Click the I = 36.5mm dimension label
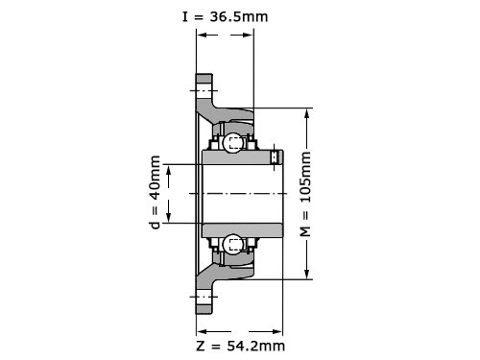(x=225, y=17)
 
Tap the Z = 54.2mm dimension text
(x=240, y=346)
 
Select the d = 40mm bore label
(x=156, y=192)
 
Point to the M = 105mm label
(x=306, y=194)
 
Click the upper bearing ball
(x=232, y=143)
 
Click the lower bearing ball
(x=232, y=245)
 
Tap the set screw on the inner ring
(x=276, y=157)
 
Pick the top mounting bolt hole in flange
(x=204, y=91)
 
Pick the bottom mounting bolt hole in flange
(x=204, y=297)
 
